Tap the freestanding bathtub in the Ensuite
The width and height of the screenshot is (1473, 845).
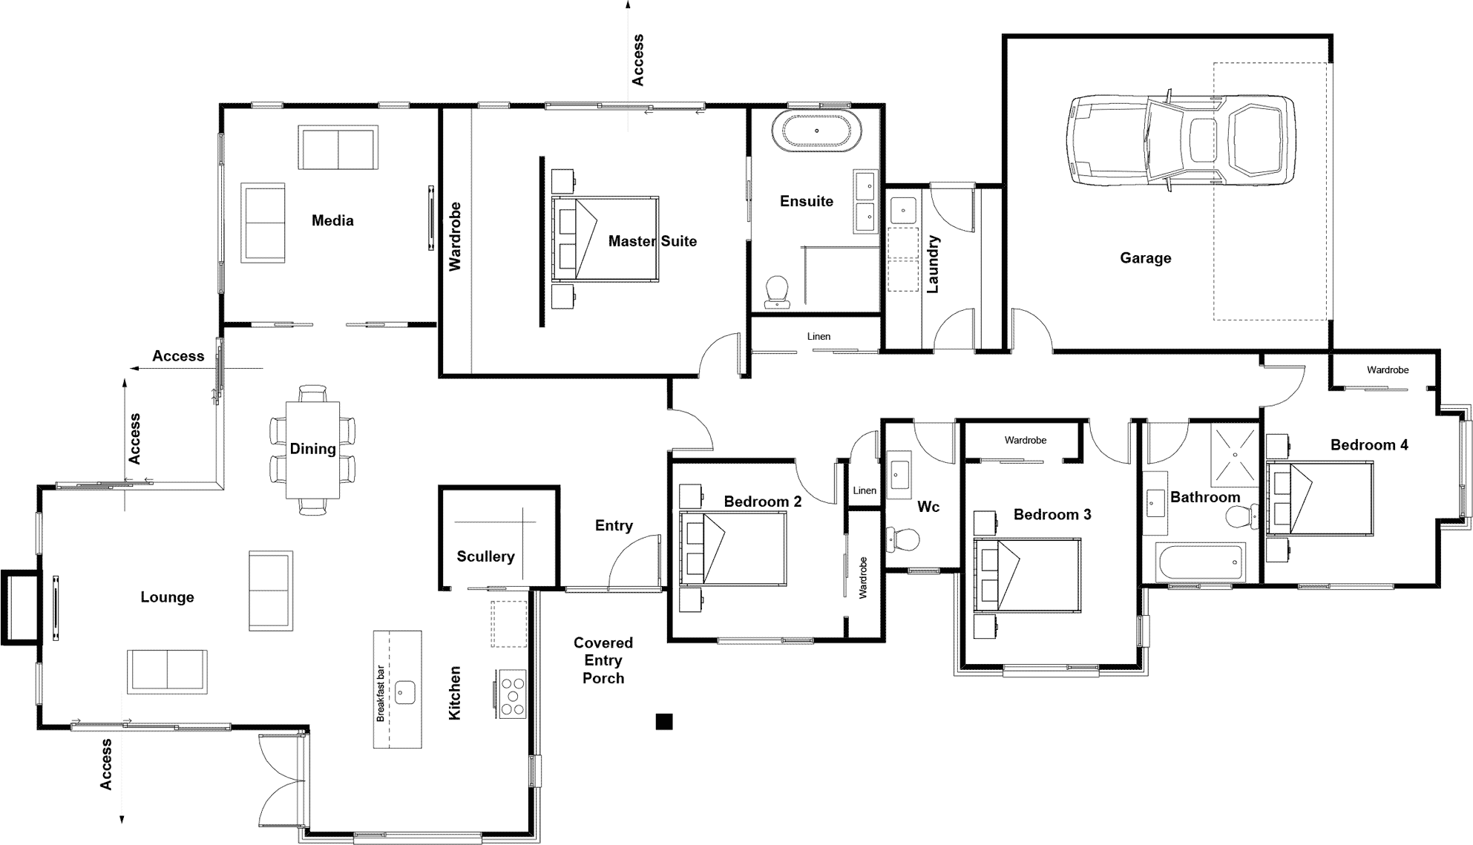(816, 131)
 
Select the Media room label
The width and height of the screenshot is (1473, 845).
(332, 220)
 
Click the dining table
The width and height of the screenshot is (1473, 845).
(312, 450)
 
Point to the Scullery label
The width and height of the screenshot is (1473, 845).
(485, 556)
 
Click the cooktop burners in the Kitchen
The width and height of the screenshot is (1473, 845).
(512, 693)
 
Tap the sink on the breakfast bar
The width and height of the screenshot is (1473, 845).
(404, 693)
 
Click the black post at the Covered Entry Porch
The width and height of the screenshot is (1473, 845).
(664, 721)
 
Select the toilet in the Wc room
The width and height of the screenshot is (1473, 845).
(904, 539)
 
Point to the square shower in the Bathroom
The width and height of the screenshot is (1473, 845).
(1235, 454)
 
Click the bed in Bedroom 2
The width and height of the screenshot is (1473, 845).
(733, 548)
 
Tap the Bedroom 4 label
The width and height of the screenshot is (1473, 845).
(1368, 445)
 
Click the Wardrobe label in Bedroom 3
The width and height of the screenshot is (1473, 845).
(1025, 440)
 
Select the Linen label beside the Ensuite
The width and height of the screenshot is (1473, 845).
(818, 336)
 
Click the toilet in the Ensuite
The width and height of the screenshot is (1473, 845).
(777, 292)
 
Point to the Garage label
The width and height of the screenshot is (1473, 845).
(1145, 258)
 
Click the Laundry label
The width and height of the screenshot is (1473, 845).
(934, 264)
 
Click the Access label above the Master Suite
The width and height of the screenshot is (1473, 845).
(637, 59)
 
